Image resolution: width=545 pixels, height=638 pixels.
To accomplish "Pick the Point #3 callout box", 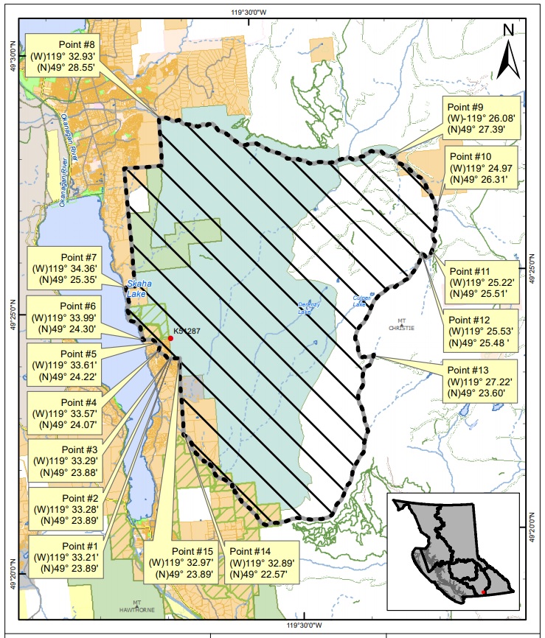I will (x=62, y=460).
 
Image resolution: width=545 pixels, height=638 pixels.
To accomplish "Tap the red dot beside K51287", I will (x=170, y=338).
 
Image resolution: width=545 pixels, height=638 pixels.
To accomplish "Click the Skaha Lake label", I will (x=136, y=288).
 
